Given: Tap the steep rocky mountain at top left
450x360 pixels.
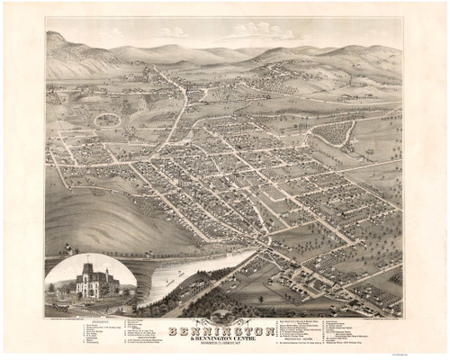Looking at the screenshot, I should pyautogui.click(x=67, y=49).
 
